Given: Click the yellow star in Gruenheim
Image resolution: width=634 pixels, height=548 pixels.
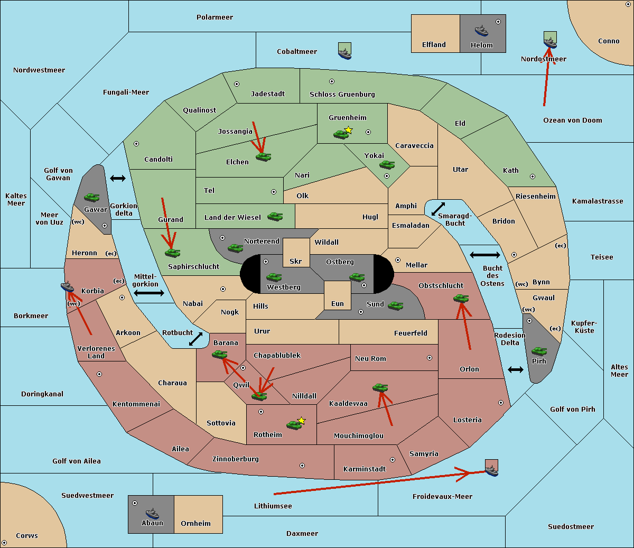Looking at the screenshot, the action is [x=349, y=130].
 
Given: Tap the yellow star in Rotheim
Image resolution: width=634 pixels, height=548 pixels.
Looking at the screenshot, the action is [x=301, y=420].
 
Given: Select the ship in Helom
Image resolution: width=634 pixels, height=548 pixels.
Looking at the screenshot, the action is [x=481, y=31].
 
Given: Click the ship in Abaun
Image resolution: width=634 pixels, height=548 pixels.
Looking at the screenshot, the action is [x=152, y=513].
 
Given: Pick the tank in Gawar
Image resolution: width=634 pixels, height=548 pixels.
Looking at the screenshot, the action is [x=92, y=197].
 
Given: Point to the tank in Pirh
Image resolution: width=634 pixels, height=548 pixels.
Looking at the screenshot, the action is [x=539, y=351].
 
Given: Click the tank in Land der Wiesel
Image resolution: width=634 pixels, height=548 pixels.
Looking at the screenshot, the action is [x=275, y=217].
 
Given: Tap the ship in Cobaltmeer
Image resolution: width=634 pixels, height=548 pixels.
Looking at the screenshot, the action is [x=345, y=54].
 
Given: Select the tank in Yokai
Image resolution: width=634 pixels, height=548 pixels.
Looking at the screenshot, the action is [x=387, y=165].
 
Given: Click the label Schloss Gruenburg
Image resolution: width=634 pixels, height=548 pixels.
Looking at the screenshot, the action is [x=342, y=94].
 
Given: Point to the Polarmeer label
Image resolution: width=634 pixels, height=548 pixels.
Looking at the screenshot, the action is [x=215, y=17].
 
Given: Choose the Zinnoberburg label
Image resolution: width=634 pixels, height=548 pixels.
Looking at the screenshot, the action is [x=236, y=459].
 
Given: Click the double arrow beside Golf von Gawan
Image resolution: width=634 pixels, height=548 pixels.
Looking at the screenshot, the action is [x=118, y=178].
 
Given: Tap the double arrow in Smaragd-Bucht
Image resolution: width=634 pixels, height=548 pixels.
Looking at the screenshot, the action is [x=438, y=209].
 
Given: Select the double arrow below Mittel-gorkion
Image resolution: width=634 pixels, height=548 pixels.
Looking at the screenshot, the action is [x=149, y=293].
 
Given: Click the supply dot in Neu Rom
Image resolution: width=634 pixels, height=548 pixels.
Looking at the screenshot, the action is [x=430, y=358].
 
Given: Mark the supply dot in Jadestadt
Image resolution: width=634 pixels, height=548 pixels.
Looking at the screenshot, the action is [x=237, y=84].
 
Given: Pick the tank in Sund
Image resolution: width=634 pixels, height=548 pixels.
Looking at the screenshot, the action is [x=395, y=305].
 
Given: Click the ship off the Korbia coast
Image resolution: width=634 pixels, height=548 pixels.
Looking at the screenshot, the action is [x=67, y=287].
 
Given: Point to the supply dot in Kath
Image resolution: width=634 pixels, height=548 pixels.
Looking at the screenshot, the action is [x=533, y=177].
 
